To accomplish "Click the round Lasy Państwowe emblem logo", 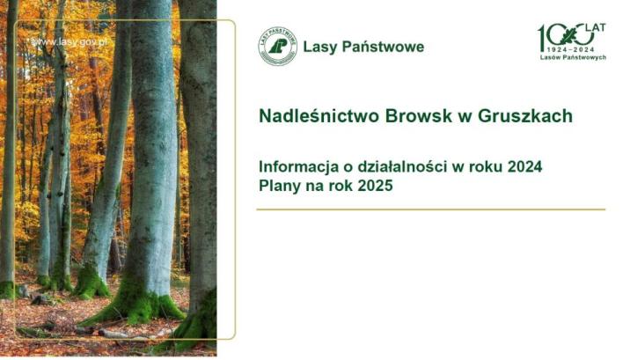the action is coord(278,46).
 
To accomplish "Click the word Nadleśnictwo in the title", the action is coord(319,115).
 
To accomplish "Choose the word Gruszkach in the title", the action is coord(525,115).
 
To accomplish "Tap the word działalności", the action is coord(403,166).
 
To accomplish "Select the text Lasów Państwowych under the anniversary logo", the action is coord(573,57).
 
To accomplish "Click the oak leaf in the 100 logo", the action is coord(568,36).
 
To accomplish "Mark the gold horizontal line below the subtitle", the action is coord(431,209).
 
